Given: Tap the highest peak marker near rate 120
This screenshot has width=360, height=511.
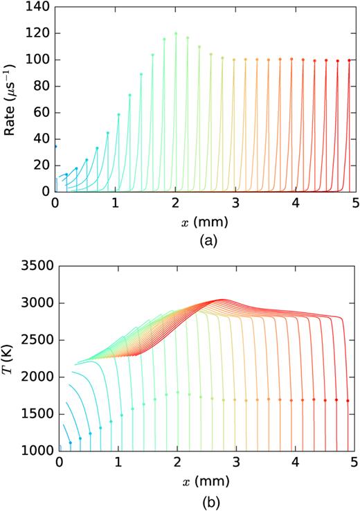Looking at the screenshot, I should (176, 33).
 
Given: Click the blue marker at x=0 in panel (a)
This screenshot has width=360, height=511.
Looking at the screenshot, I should (55, 146).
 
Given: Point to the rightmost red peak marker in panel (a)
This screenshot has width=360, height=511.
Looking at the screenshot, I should (349, 60).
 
